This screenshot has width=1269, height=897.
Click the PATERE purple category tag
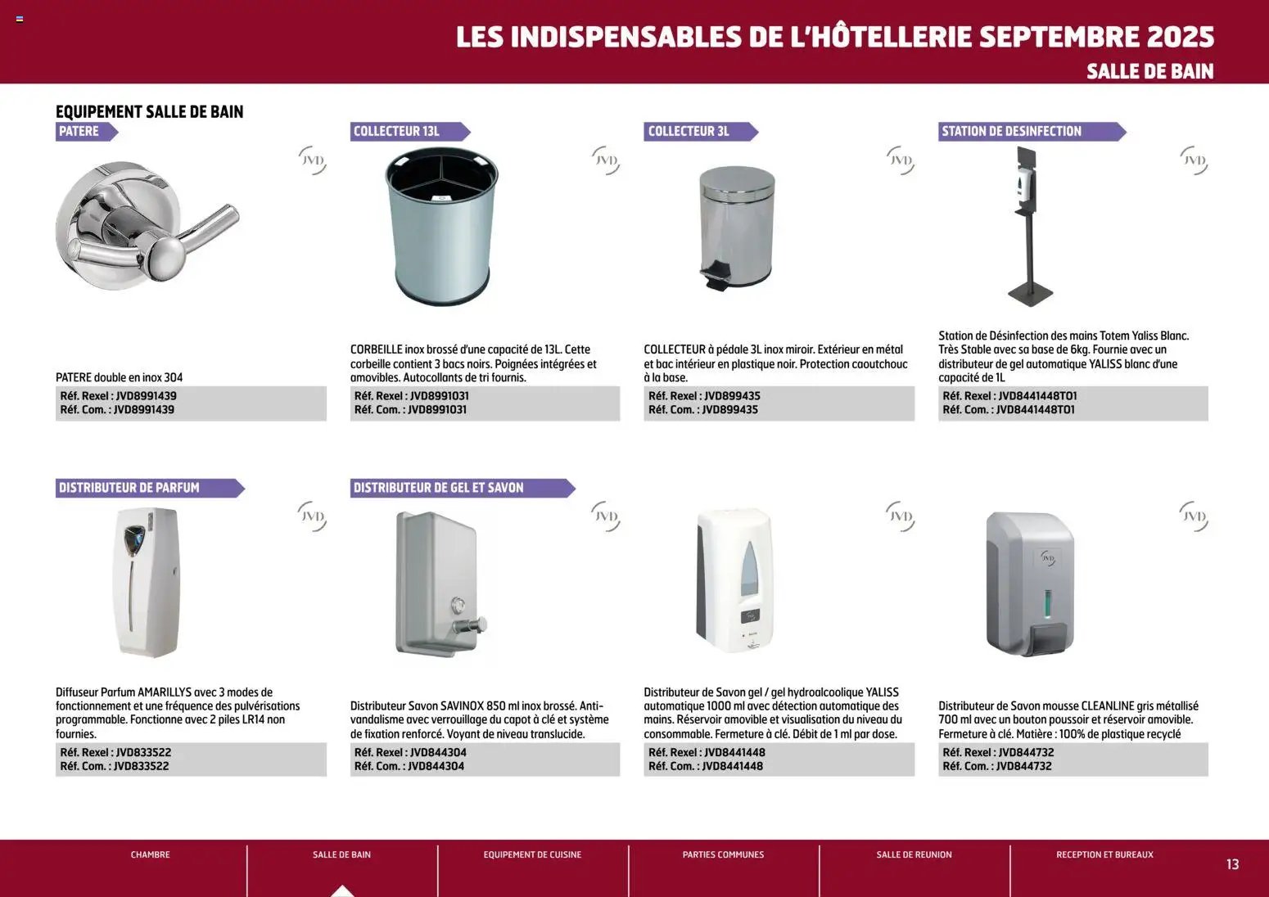[82, 131]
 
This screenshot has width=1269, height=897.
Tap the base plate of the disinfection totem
[1029, 291]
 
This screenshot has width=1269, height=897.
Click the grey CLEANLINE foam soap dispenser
[1030, 583]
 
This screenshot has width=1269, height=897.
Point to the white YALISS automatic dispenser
[735, 581]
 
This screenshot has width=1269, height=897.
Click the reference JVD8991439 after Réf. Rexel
[147, 396]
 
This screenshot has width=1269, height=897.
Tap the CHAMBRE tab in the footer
[151, 854]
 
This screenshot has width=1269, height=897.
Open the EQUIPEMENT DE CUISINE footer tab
[532, 854]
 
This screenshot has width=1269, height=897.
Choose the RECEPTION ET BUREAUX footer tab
[1104, 854]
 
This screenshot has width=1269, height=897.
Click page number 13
[1232, 864]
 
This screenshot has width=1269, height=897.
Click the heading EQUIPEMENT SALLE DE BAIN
[149, 112]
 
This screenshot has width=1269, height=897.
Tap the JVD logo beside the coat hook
[313, 160]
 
